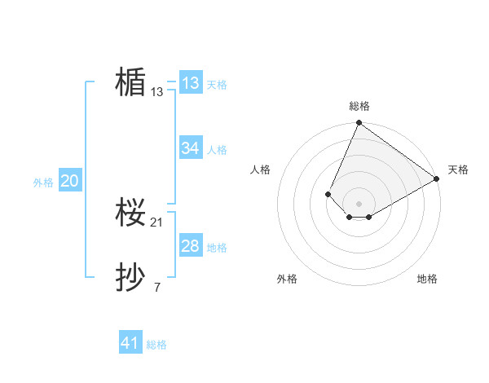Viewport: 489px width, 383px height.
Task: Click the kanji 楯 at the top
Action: click(x=130, y=82)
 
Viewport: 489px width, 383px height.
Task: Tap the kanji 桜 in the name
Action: click(x=130, y=214)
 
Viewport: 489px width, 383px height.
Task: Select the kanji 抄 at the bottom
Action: click(x=130, y=279)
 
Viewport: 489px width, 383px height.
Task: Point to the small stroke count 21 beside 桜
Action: click(x=157, y=222)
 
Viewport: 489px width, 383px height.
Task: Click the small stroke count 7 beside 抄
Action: click(x=157, y=288)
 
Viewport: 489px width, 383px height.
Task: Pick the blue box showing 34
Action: click(x=191, y=148)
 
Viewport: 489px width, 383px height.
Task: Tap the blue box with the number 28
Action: click(x=191, y=246)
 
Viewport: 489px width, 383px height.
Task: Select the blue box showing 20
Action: click(x=69, y=181)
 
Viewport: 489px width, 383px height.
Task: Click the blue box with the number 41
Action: click(x=130, y=343)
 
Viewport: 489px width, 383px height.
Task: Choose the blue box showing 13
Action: click(x=191, y=83)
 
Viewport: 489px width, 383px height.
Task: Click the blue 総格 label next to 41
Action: click(x=156, y=345)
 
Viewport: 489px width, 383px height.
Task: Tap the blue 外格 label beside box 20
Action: click(x=43, y=183)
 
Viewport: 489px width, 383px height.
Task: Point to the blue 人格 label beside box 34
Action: click(x=218, y=150)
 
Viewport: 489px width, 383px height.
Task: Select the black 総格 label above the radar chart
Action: click(x=359, y=106)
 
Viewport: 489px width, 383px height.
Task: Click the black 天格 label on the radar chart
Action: click(x=458, y=169)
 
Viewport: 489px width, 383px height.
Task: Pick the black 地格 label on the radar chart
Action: click(x=427, y=279)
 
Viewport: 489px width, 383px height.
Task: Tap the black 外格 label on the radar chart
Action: click(x=287, y=279)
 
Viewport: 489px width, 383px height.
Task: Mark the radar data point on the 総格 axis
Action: click(x=359, y=123)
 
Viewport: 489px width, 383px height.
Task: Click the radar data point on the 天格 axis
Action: click(x=437, y=178)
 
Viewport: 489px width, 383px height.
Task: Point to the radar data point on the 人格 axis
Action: click(x=328, y=194)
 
